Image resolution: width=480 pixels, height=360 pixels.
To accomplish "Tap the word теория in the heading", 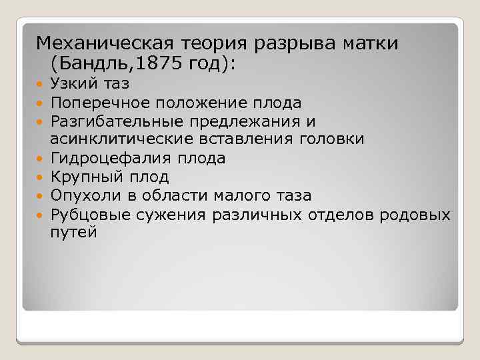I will pos(209,44).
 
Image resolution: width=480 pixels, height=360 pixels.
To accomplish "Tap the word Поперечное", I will pos(100,103).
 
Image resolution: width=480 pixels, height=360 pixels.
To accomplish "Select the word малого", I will pos(240,196).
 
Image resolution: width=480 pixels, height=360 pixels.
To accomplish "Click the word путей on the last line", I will pos(73,233).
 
